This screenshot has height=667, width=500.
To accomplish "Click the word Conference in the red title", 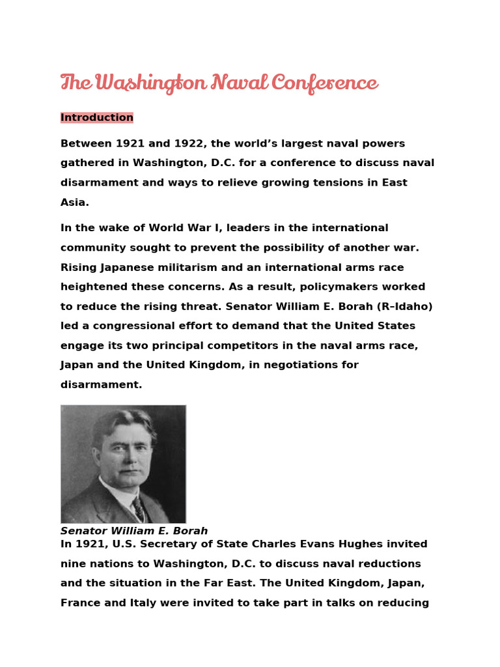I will coord(324,83).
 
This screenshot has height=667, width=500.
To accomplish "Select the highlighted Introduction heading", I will coord(97,117).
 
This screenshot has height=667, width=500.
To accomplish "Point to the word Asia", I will coord(74,202).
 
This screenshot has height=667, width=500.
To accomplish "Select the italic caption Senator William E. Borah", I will coord(134,531).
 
